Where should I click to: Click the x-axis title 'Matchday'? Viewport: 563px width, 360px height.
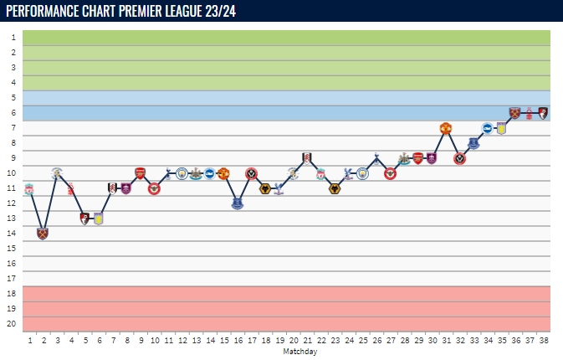(x=299, y=352)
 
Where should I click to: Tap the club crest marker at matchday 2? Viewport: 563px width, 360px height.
(x=43, y=233)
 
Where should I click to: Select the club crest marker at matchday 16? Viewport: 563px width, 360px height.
(x=238, y=203)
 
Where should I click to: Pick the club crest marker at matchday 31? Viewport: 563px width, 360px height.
(x=446, y=128)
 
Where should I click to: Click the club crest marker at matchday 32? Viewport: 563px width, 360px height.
(x=460, y=158)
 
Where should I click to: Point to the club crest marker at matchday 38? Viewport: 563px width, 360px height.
(x=543, y=113)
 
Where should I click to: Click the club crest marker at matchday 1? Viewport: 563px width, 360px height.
(x=29, y=188)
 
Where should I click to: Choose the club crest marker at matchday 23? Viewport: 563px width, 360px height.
(x=335, y=188)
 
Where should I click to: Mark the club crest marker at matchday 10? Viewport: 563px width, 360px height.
(x=154, y=188)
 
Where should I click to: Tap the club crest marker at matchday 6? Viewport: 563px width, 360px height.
(x=99, y=219)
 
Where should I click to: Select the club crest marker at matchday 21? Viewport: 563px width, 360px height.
(x=307, y=158)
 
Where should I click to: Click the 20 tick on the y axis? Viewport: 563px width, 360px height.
(x=12, y=323)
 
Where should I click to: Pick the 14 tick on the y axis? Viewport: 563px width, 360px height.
(x=12, y=233)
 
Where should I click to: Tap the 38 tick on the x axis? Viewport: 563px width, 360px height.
(x=543, y=341)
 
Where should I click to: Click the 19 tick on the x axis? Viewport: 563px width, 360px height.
(x=279, y=341)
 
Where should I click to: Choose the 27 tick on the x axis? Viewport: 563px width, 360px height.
(x=391, y=341)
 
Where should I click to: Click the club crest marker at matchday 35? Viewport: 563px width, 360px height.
(x=501, y=128)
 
